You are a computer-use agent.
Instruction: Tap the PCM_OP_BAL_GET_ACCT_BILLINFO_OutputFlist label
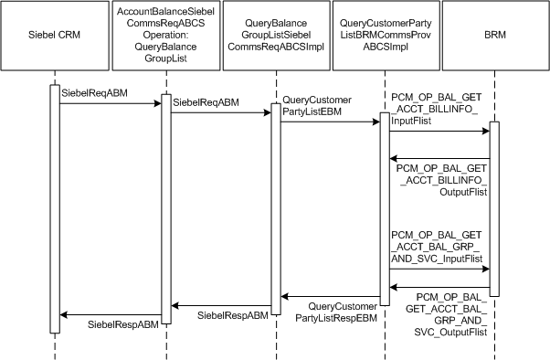tap(442, 180)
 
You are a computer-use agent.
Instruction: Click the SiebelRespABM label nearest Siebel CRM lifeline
tap(123, 324)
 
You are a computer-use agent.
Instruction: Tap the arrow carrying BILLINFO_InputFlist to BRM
tap(439, 132)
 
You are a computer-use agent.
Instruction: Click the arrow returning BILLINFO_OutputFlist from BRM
tap(439, 158)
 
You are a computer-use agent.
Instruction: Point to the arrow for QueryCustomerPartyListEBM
tap(330, 122)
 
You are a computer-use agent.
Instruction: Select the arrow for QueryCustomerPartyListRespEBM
tap(330, 296)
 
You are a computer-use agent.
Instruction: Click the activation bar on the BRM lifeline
tap(494, 208)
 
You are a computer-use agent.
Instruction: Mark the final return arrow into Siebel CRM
tap(110, 315)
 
